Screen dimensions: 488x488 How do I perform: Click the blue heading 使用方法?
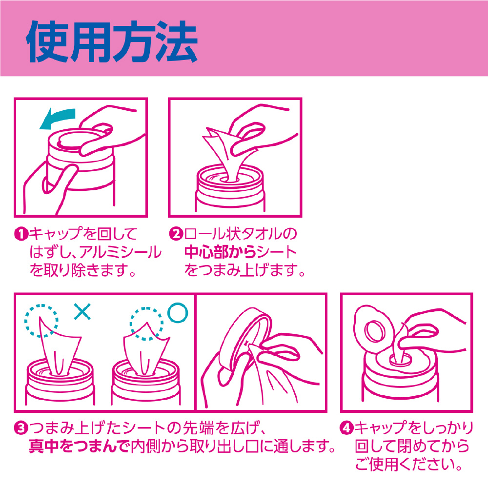(x=112, y=41)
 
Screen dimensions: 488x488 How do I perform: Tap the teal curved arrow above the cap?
(x=58, y=117)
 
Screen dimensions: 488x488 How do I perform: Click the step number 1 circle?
(x=21, y=234)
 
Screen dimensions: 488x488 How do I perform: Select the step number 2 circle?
(x=176, y=234)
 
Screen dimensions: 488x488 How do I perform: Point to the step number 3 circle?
(x=21, y=428)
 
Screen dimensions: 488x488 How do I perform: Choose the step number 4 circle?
(x=346, y=428)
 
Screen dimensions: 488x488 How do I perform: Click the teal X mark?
(x=82, y=311)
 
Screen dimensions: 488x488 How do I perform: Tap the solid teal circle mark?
(x=178, y=312)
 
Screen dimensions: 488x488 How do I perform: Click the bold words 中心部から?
(x=220, y=252)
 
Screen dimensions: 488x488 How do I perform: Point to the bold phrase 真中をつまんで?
(x=80, y=447)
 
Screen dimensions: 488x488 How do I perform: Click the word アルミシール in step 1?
(x=121, y=252)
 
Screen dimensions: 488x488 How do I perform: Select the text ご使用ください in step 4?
(x=405, y=465)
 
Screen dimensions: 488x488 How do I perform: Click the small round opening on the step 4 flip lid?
(x=374, y=331)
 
